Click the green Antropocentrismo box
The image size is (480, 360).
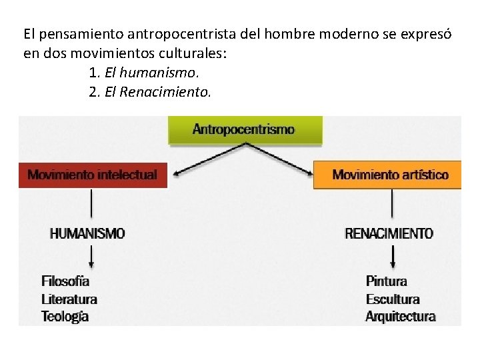pyautogui.click(x=245, y=130)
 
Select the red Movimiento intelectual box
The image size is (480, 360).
pyautogui.click(x=93, y=175)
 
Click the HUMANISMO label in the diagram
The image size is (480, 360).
pyautogui.click(x=87, y=233)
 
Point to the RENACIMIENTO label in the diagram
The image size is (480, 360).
pyautogui.click(x=389, y=234)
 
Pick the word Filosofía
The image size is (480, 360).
pyautogui.click(x=65, y=281)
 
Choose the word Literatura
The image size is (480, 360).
pyautogui.click(x=69, y=299)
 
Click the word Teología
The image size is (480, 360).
pyautogui.click(x=65, y=317)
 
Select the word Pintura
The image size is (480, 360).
pyautogui.click(x=386, y=281)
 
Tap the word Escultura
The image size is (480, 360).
pyautogui.click(x=393, y=299)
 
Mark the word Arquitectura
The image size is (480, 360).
pyautogui.click(x=400, y=317)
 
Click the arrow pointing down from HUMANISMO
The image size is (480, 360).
pyautogui.click(x=91, y=256)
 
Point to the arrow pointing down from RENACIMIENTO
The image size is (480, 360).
pyautogui.click(x=393, y=256)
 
